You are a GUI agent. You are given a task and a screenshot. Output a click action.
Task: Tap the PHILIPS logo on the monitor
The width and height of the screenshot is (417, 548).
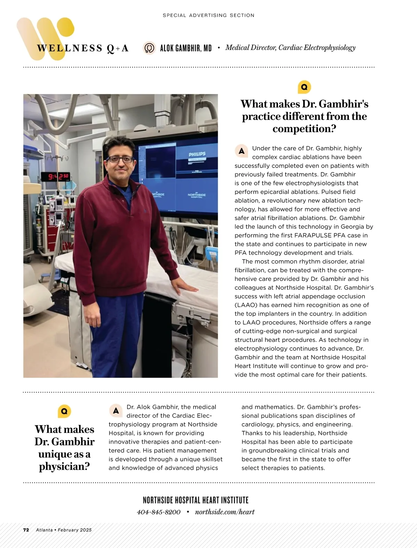click(197, 154)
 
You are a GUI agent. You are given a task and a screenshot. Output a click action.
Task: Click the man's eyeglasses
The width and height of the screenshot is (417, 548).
click(120, 159)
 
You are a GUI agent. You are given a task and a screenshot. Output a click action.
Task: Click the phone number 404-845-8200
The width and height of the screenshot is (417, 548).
click(159, 512)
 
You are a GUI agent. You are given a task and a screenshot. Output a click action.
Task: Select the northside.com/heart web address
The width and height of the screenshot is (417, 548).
click(225, 512)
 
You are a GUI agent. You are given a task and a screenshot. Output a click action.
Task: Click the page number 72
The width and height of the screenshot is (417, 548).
click(26, 530)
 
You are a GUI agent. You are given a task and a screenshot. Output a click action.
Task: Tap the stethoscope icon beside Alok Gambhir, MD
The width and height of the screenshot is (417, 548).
click(149, 48)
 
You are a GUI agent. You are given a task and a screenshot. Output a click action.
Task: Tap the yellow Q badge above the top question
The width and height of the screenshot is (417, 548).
click(304, 87)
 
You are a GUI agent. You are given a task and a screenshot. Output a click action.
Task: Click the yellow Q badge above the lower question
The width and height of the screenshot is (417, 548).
click(64, 411)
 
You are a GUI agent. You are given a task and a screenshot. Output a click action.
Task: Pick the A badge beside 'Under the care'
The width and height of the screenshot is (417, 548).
click(241, 151)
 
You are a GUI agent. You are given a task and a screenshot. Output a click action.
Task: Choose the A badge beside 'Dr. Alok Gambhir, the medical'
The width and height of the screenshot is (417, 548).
click(116, 411)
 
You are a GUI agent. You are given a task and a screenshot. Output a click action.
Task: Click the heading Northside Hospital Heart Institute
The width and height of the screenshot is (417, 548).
click(196, 500)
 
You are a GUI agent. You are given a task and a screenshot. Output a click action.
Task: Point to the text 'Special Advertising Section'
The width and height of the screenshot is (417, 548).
click(208, 15)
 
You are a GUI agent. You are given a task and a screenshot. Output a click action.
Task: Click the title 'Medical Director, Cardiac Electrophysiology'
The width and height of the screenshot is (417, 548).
click(290, 48)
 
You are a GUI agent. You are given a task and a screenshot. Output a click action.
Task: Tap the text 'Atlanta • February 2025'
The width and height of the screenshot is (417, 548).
click(64, 530)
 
